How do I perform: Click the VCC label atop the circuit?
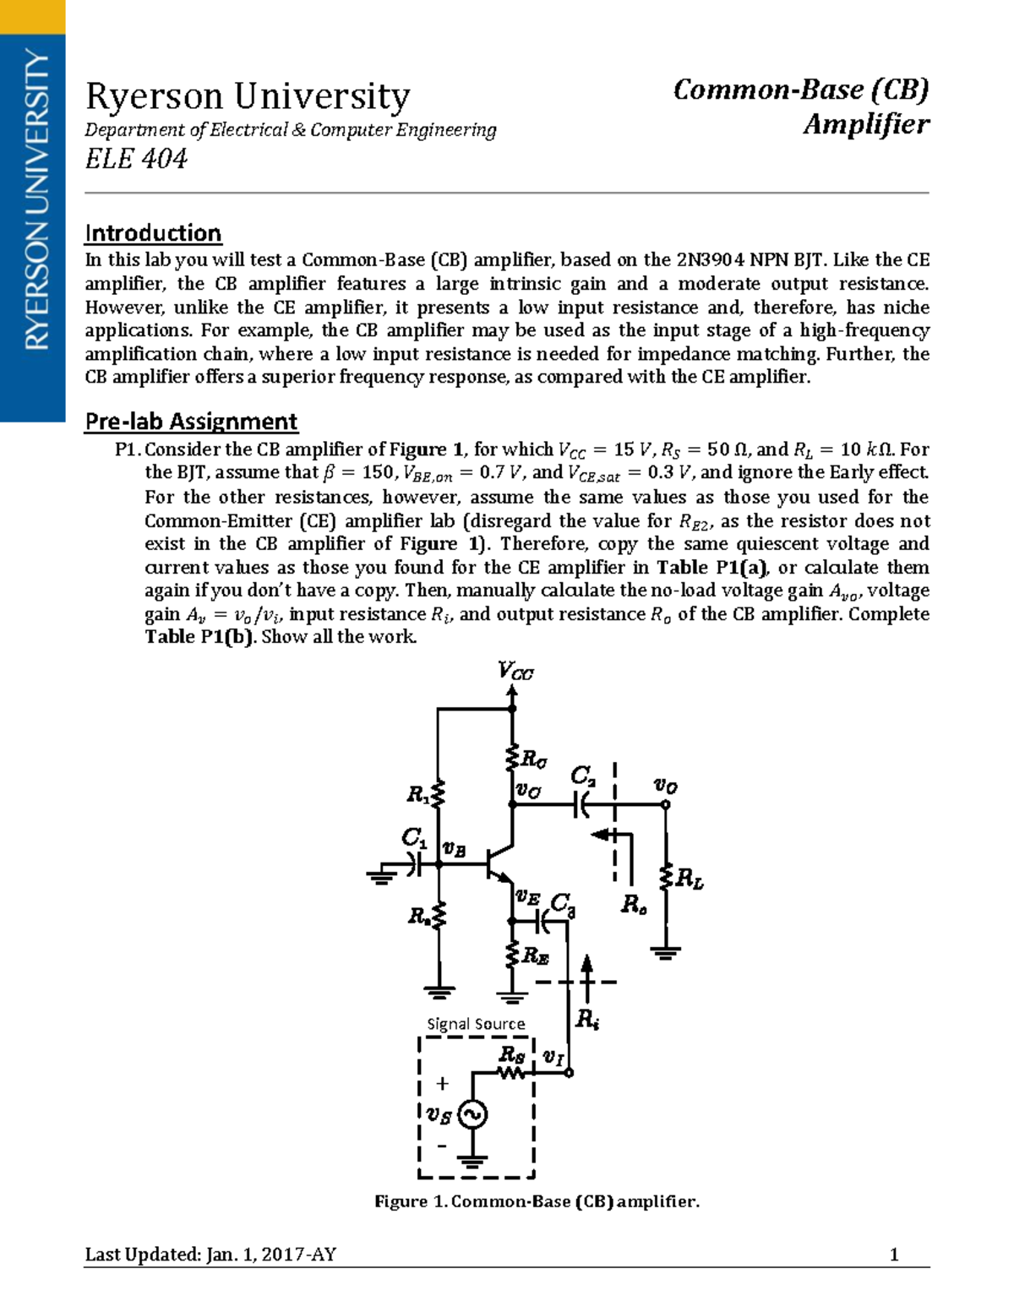pos(515,672)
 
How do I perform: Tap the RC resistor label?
pos(533,759)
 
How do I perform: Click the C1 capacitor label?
pos(413,837)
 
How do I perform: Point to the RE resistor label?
pos(536,955)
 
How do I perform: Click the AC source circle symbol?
pos(472,1115)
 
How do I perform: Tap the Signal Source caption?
pos(476,1024)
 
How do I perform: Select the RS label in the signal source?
pos(511,1054)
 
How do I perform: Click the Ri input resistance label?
pos(586,1019)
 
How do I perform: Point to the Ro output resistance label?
pos(634,905)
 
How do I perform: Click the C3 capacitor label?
pos(562,904)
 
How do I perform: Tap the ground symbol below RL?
pos(666,952)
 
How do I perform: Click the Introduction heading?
pos(153,233)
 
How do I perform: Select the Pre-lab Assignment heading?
pos(191,422)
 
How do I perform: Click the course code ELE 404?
pos(136,159)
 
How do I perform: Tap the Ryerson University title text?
pos(248,97)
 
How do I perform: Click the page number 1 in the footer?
pos(894,1255)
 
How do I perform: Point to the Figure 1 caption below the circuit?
pos(537,1201)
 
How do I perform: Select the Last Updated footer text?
pos(210,1255)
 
